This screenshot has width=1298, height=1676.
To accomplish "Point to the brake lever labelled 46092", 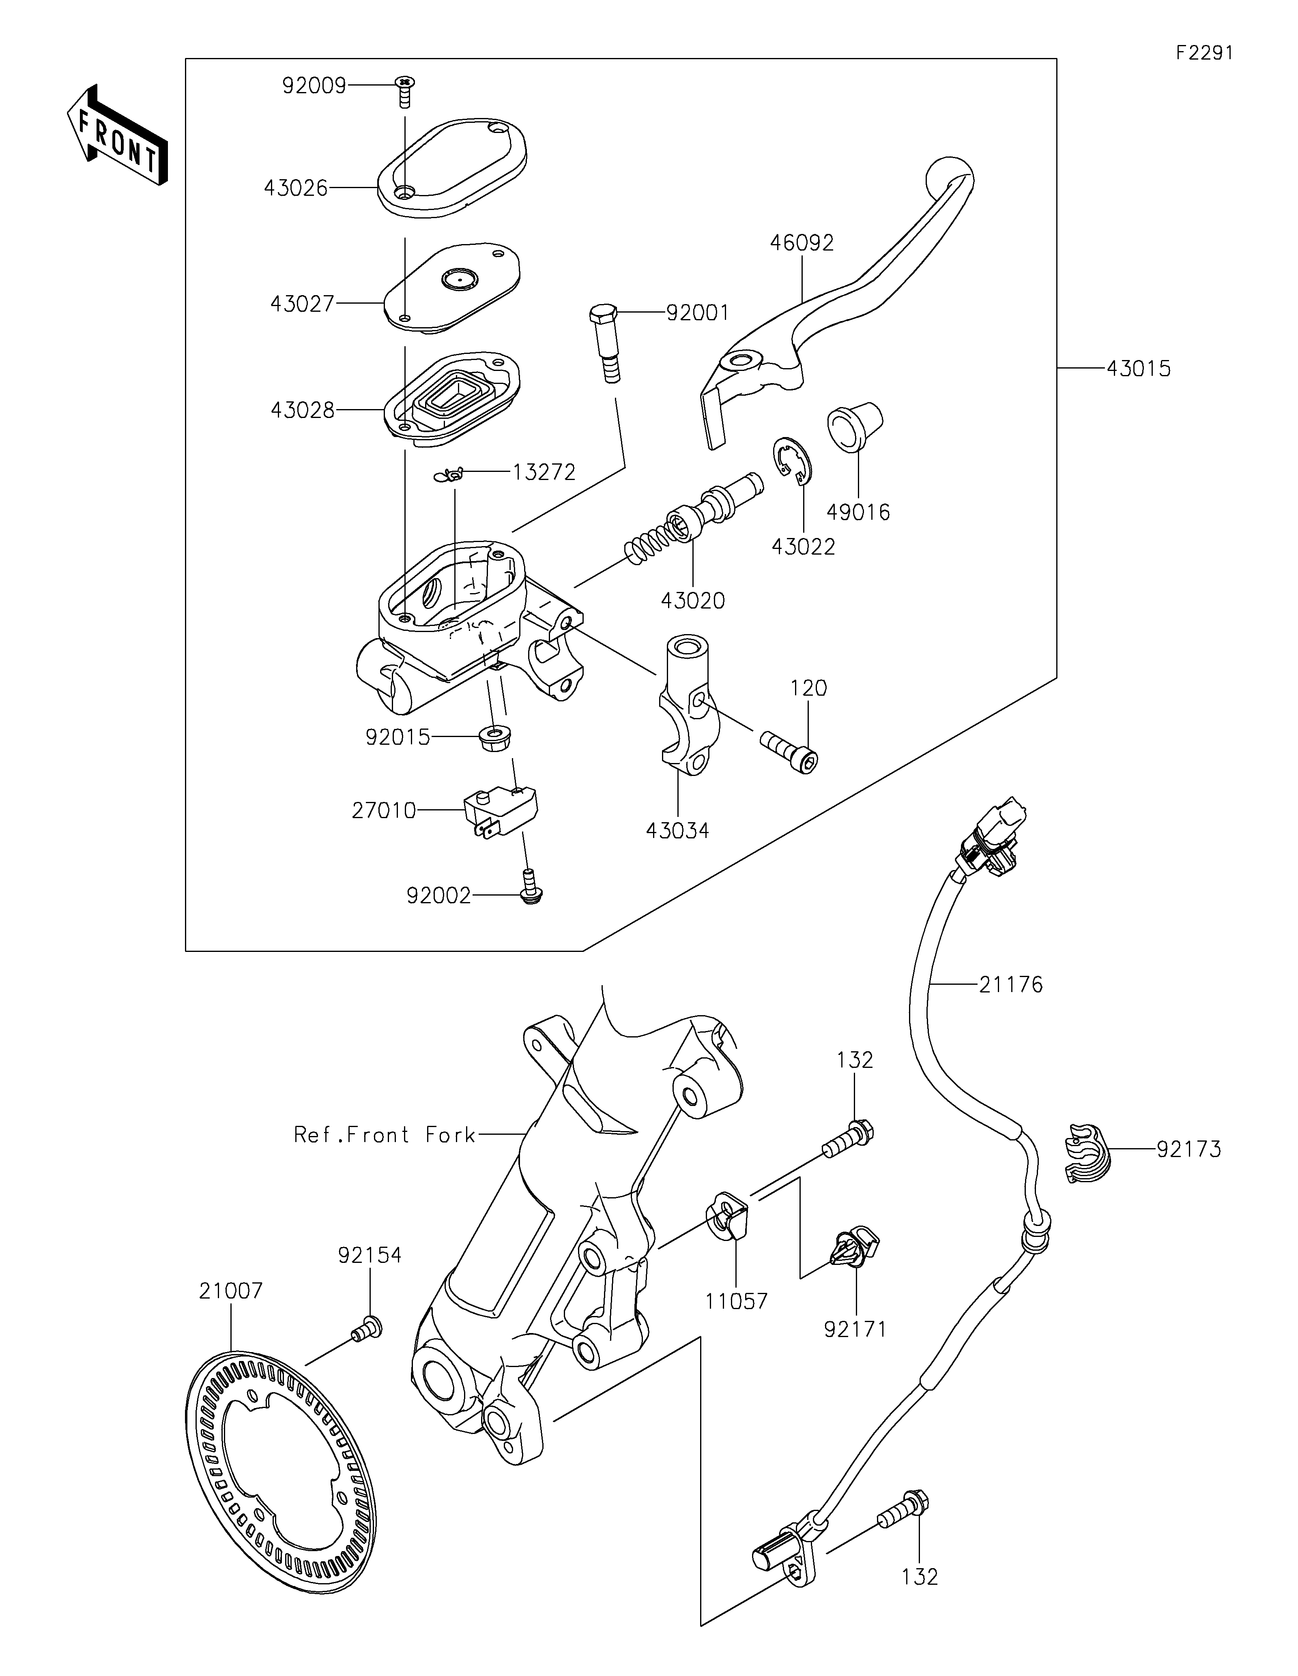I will [x=837, y=307].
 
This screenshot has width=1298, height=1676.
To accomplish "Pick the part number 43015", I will [x=1138, y=369].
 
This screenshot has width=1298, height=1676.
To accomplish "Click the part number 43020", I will [x=692, y=600].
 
